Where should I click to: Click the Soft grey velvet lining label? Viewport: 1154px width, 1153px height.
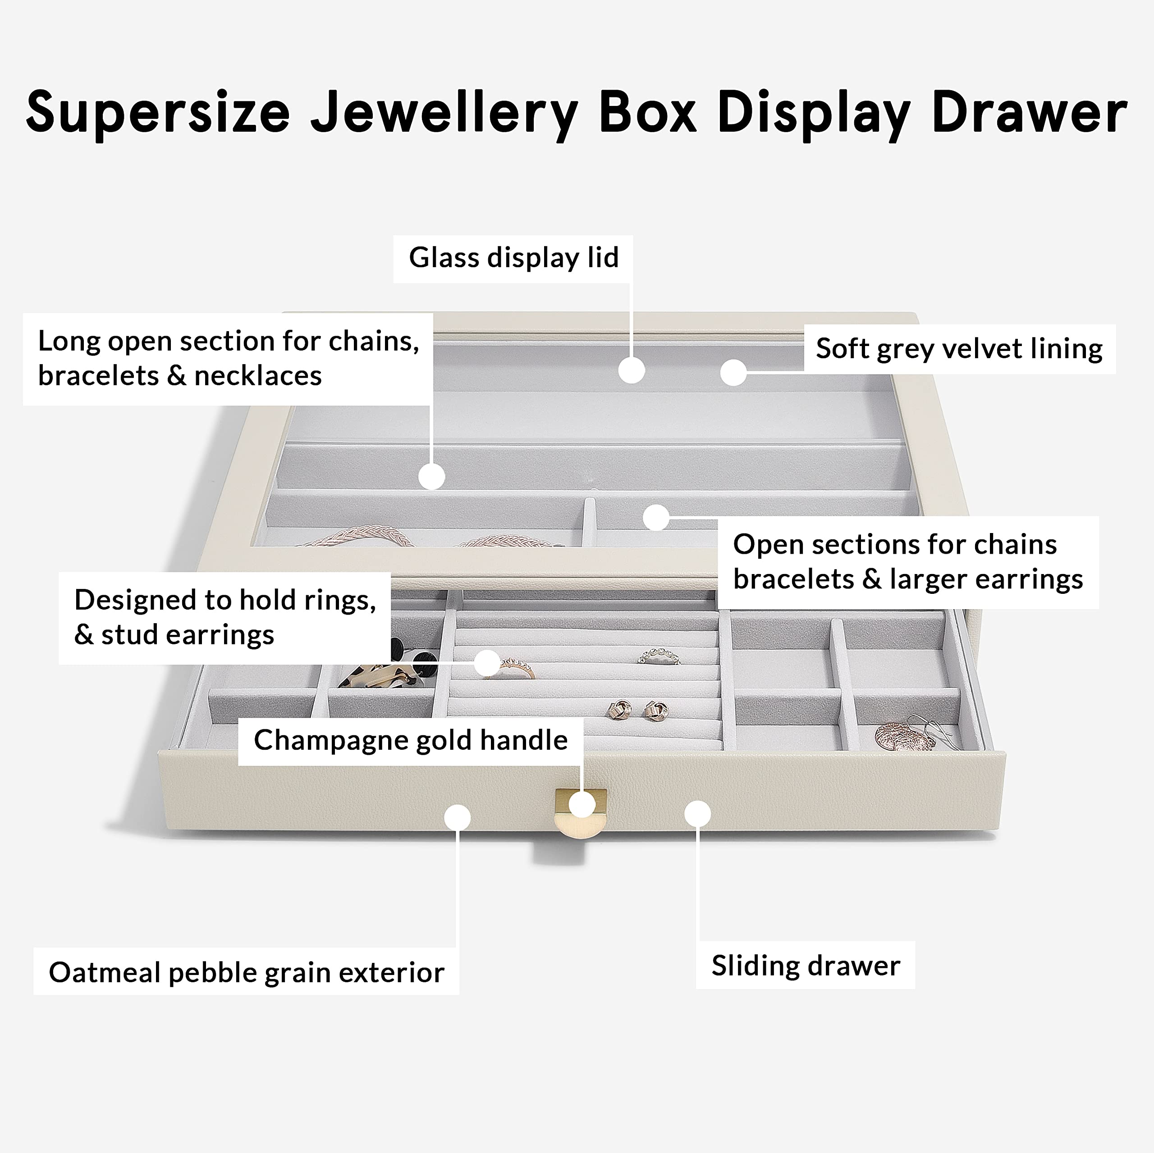(x=959, y=349)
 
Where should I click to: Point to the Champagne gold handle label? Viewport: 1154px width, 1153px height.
(x=410, y=740)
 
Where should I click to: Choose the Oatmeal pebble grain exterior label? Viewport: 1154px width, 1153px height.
(x=246, y=973)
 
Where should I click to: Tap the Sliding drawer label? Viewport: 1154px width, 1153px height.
(x=805, y=966)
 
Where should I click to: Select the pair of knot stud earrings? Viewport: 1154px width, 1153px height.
(x=638, y=711)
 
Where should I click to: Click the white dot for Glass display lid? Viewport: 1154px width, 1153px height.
(x=632, y=370)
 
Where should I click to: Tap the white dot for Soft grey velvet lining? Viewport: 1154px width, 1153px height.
(x=733, y=373)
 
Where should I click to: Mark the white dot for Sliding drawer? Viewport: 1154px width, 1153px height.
(x=697, y=814)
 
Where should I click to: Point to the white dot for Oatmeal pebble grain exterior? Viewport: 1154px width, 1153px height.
(x=458, y=817)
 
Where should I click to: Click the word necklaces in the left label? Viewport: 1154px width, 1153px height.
(x=258, y=376)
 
